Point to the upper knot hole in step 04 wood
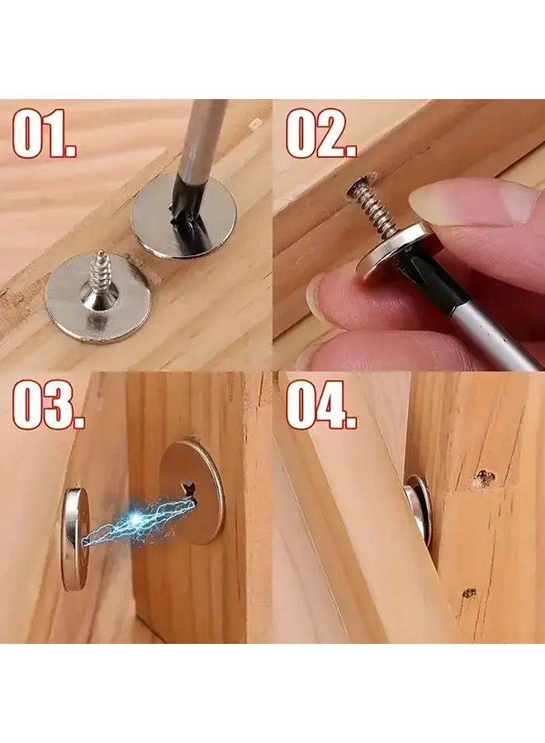pyautogui.click(x=484, y=477)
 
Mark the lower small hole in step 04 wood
pyautogui.click(x=469, y=593)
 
